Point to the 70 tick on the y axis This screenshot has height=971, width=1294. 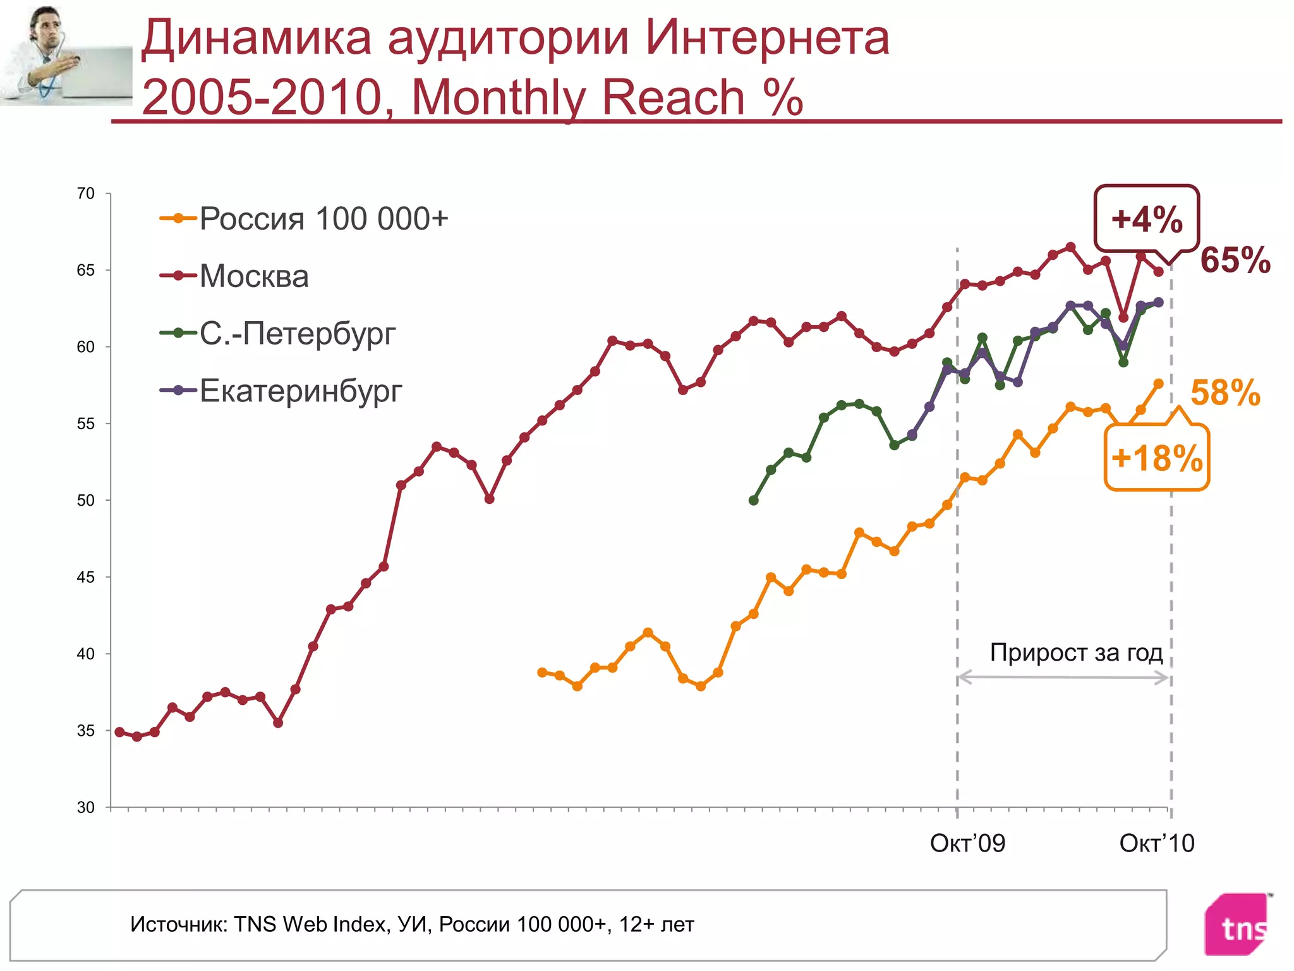pyautogui.click(x=86, y=193)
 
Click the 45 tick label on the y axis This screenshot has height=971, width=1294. pyautogui.click(x=86, y=577)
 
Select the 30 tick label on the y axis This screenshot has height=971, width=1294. pyautogui.click(x=86, y=807)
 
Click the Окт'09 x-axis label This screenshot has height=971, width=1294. pyautogui.click(x=967, y=843)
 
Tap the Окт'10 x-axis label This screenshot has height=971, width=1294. pyautogui.click(x=1157, y=843)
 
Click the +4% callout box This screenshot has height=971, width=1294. pyautogui.click(x=1146, y=219)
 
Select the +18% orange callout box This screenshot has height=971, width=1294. pyautogui.click(x=1156, y=458)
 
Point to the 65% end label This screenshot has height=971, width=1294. pyautogui.click(x=1235, y=260)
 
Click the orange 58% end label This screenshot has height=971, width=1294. pyautogui.click(x=1225, y=393)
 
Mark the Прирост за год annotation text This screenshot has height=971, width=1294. pyautogui.click(x=1076, y=652)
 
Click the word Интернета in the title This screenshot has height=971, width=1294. pyautogui.click(x=767, y=38)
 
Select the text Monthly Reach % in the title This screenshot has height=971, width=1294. pyautogui.click(x=607, y=97)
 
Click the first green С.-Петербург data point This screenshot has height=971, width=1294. pyautogui.click(x=753, y=500)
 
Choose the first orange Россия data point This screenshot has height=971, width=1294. pyautogui.click(x=542, y=672)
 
